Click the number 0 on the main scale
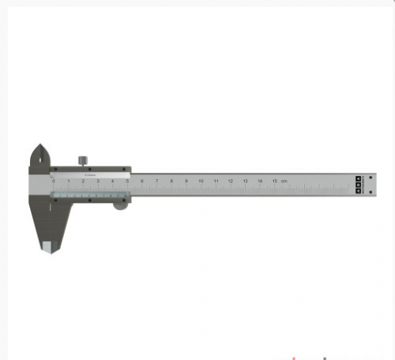pyautogui.click(x=54, y=181)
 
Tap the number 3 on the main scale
pyautogui.click(x=98, y=181)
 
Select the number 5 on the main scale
pyautogui.click(x=127, y=181)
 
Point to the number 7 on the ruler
pyautogui.click(x=157, y=181)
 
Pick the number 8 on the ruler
pyautogui.click(x=171, y=181)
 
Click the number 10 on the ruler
pyautogui.click(x=201, y=181)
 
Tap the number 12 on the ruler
pyautogui.click(x=231, y=181)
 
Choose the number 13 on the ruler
pyautogui.click(x=246, y=181)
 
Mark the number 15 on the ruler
pyautogui.click(x=275, y=181)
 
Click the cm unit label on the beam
pyautogui.click(x=284, y=181)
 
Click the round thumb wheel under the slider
pyautogui.click(x=119, y=205)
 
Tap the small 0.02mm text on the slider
pyautogui.click(x=88, y=174)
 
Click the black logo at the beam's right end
pyautogui.click(x=359, y=184)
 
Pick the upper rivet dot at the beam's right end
pyautogui.click(x=359, y=178)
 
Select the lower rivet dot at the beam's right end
pyautogui.click(x=359, y=190)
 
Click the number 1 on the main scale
pyautogui.click(x=69, y=181)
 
